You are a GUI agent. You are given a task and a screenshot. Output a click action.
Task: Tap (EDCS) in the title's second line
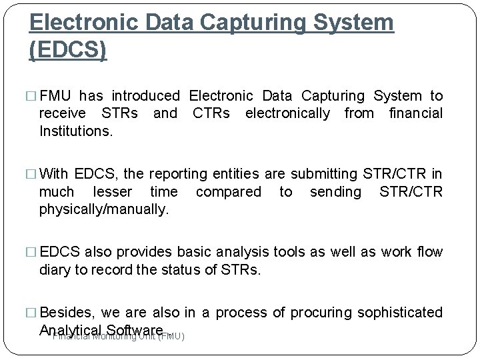[68, 51]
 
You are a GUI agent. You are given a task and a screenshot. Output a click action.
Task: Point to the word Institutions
[77, 131]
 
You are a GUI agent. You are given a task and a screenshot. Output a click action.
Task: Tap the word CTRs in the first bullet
[211, 114]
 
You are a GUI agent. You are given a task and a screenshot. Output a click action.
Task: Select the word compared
[229, 192]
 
